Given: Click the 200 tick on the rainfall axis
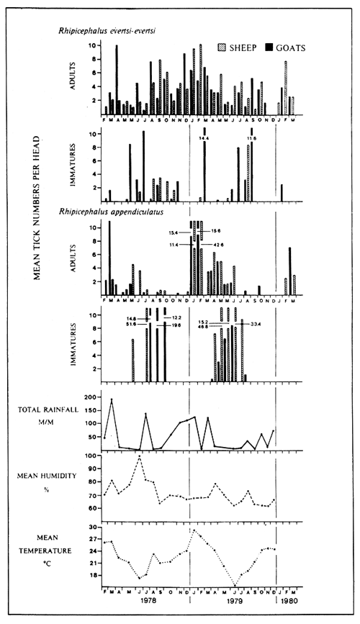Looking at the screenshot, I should tap(90, 397).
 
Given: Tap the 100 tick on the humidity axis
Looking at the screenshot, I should tap(90, 456).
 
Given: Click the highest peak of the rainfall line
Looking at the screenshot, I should tap(112, 399).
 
